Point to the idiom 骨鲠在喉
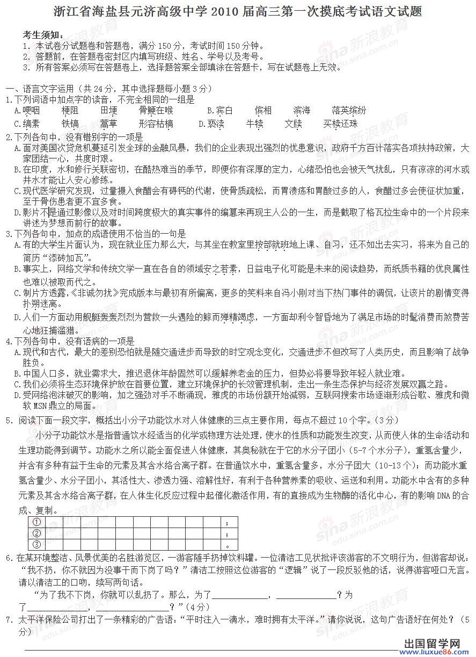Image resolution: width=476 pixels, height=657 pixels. tap(156, 111)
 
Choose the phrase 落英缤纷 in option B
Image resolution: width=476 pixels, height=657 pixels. tap(349, 111)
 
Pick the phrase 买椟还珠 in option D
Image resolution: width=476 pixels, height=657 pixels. tap(340, 124)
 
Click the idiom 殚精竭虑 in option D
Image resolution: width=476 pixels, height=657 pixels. tap(237, 317)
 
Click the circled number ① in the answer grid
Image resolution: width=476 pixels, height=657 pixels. tap(37, 522)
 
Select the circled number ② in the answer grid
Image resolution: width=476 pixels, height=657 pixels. tap(37, 533)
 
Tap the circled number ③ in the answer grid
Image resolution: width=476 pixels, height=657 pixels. tap(37, 544)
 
